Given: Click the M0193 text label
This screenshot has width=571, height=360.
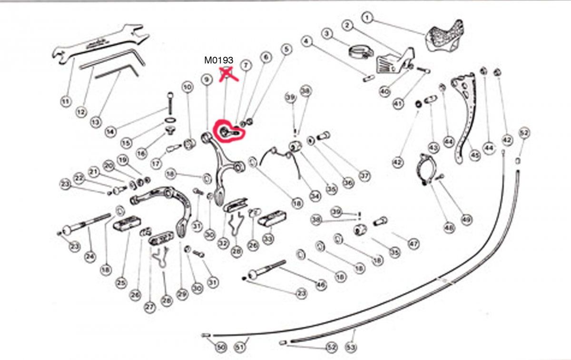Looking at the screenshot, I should tap(218, 60).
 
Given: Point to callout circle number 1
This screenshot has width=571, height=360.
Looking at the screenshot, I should tap(367, 18).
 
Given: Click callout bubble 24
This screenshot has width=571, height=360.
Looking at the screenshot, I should tap(90, 257).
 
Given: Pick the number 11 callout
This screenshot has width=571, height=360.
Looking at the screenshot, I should tap(66, 101).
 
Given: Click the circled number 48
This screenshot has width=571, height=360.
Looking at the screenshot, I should tap(449, 228).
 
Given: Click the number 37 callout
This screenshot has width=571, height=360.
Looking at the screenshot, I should tap(364, 176).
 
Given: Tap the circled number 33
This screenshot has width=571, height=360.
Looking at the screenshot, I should tap(268, 237).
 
